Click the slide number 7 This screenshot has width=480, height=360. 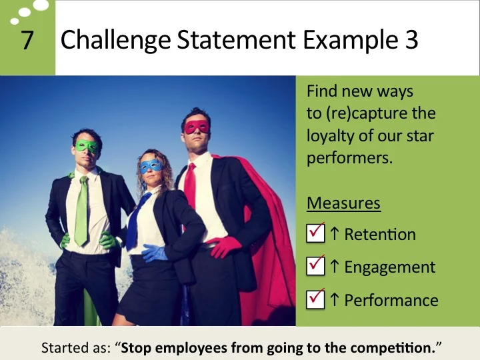click(x=27, y=41)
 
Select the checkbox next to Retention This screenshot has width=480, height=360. click(x=315, y=233)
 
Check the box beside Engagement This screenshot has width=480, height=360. click(x=315, y=266)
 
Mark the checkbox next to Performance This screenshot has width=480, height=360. click(x=315, y=299)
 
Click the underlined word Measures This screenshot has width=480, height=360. click(x=343, y=203)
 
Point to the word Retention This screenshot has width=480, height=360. click(x=380, y=235)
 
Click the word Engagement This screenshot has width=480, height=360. click(x=390, y=267)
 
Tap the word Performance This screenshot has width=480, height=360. click(x=391, y=301)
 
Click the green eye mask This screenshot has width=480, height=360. click(x=86, y=145)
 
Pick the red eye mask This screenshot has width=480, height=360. click(x=196, y=126)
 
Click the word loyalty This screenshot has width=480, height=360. click(x=329, y=137)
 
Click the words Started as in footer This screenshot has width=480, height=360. click(x=73, y=347)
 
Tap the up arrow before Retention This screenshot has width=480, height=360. click(x=334, y=234)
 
